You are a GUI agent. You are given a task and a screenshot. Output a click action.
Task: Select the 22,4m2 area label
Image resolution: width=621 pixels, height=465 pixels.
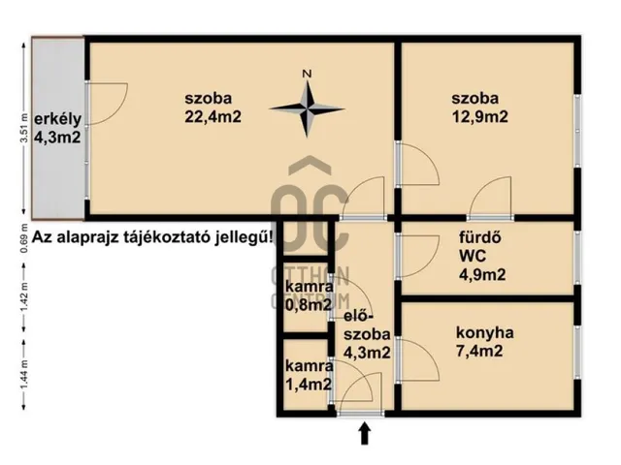tap(212, 117)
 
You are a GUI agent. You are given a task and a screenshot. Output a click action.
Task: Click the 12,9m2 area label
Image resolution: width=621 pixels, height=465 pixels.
tap(479, 117)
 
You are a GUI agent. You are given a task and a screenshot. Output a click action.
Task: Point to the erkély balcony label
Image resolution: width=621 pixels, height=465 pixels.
tap(56, 120)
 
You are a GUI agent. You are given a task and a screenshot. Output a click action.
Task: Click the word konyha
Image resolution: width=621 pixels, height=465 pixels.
tap(485, 332)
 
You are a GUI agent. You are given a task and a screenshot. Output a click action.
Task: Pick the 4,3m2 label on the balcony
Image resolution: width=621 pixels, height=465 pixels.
tap(56, 139)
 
